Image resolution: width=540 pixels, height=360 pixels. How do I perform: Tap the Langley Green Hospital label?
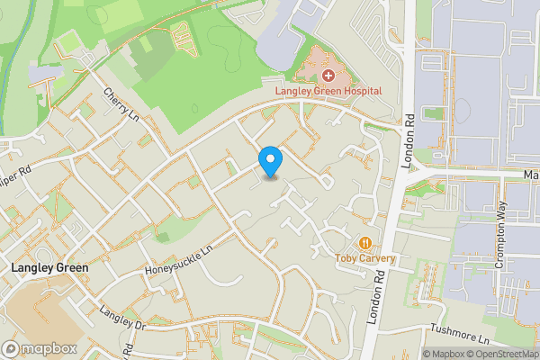[x=328, y=91]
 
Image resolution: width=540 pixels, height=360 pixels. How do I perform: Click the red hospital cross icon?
[x=328, y=76]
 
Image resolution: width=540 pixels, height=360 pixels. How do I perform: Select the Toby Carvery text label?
[x=365, y=258]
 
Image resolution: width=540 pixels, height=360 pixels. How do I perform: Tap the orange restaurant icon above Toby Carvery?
[x=365, y=243]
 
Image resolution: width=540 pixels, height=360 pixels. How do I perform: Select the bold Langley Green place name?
[x=49, y=268]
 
